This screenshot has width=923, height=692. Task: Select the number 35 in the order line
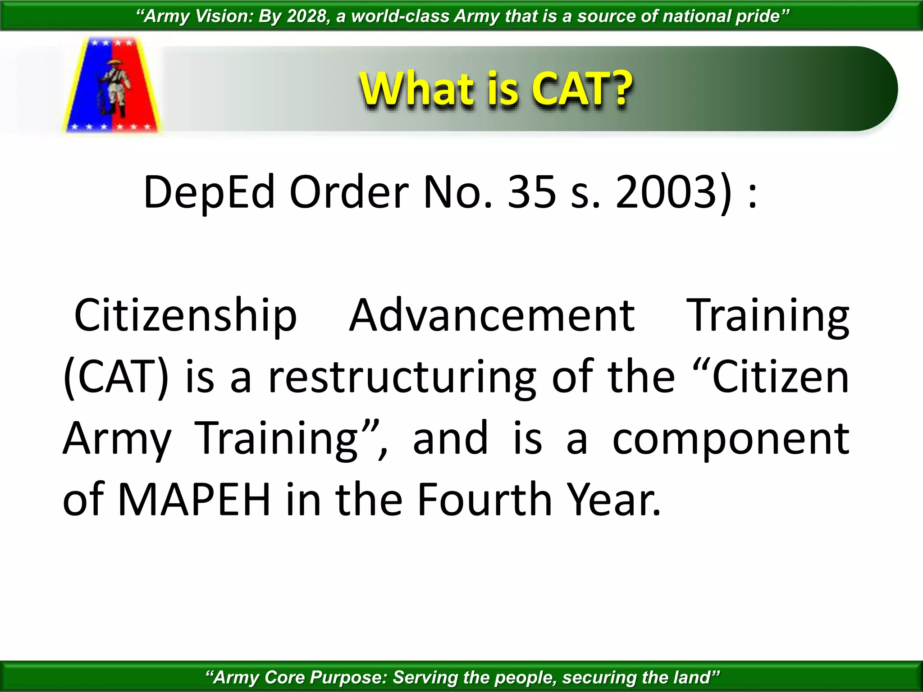(x=532, y=192)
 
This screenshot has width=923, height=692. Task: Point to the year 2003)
(x=674, y=192)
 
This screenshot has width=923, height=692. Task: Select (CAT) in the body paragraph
(x=116, y=378)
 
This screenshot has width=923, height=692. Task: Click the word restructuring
(x=402, y=378)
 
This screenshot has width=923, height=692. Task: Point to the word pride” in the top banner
(x=762, y=16)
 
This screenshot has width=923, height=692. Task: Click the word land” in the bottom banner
(x=696, y=677)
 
